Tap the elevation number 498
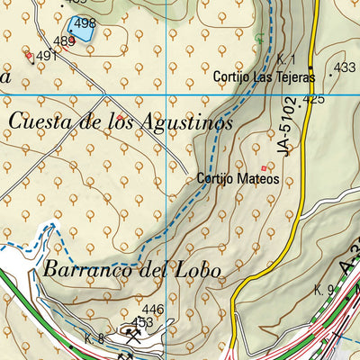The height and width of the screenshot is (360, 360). (85, 22)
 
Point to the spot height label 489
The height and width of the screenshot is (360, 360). (64, 41)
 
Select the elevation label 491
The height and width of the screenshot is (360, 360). (47, 56)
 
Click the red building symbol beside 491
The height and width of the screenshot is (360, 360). (29, 56)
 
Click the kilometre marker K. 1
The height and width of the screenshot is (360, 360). (287, 58)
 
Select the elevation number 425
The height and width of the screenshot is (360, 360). (314, 99)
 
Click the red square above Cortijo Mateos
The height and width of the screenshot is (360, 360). (264, 167)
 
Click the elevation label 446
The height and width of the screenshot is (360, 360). (153, 310)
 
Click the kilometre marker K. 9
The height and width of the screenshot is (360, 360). (324, 290)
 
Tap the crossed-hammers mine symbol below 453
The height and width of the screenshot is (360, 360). (134, 337)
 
